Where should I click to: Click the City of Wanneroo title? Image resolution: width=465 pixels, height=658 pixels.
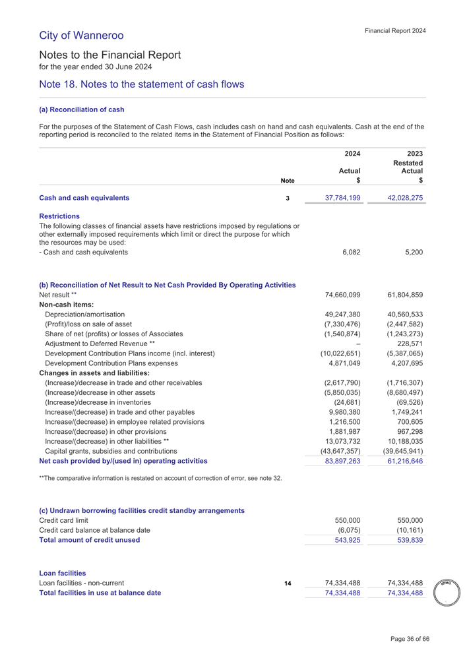[81, 34]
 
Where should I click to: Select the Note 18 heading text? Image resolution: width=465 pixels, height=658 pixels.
[142, 84]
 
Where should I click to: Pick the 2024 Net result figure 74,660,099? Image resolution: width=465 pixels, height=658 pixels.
[336, 295]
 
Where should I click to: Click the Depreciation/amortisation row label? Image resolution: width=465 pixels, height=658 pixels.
[84, 315]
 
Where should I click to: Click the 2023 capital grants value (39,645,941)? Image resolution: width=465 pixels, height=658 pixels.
[398, 450]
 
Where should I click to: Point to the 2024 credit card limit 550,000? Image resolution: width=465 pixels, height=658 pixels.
[344, 521]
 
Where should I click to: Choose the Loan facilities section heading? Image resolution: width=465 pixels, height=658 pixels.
[63, 573]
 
